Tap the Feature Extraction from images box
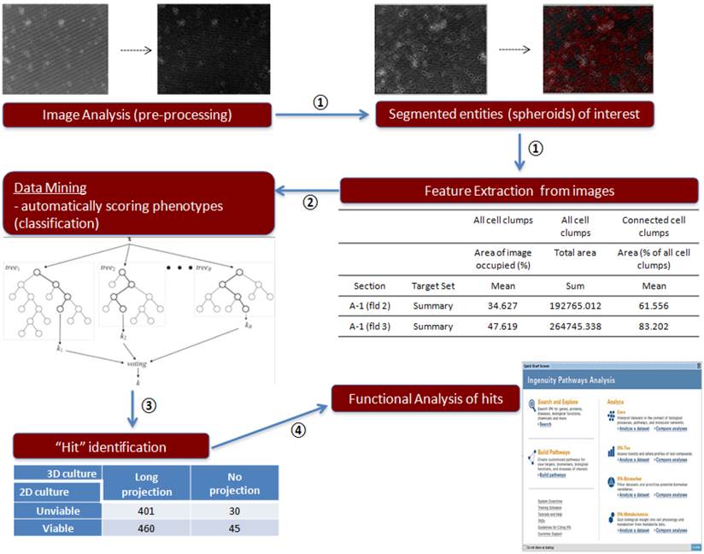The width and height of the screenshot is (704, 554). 519,191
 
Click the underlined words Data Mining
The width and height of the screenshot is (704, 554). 48,187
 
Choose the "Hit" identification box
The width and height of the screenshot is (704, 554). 111,446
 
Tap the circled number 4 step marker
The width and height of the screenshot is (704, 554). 297,431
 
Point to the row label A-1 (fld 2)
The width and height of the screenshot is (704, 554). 369,305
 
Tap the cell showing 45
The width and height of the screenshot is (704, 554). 234,528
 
